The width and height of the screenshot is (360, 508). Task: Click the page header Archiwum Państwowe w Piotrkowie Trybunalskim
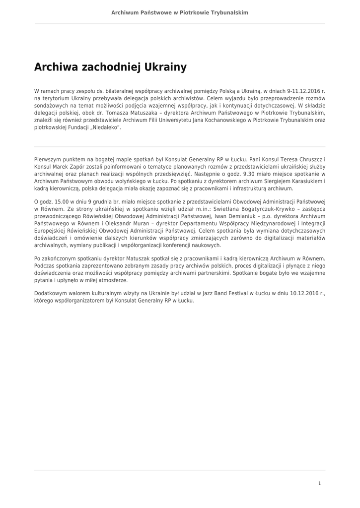(180, 12)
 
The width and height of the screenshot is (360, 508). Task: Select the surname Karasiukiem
(302, 182)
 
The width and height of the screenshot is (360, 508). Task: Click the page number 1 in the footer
(319, 483)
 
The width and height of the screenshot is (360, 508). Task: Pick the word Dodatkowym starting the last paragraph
(50, 293)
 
